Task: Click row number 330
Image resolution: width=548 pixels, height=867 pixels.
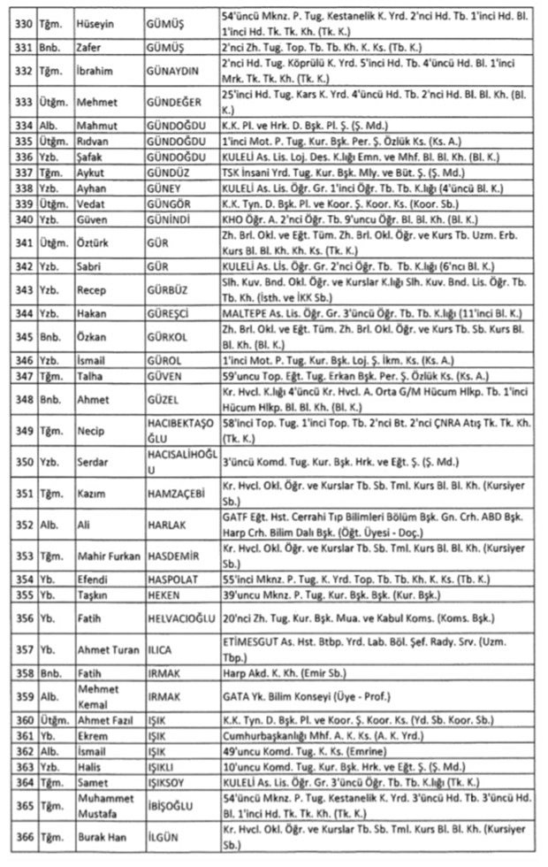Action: click(x=19, y=21)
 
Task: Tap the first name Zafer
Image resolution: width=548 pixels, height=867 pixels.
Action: click(x=89, y=45)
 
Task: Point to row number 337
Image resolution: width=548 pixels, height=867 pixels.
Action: click(x=19, y=174)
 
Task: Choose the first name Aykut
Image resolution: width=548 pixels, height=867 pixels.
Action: click(x=91, y=174)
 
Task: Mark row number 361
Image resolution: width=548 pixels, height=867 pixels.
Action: click(x=19, y=736)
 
